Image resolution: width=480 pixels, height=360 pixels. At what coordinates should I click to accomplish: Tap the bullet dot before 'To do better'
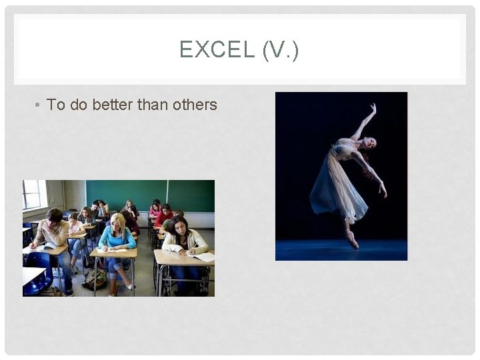[x=39, y=105]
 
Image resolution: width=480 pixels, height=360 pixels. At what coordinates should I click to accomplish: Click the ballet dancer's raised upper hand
[x=373, y=107]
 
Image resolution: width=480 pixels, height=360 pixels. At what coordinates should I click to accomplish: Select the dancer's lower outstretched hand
[x=383, y=191]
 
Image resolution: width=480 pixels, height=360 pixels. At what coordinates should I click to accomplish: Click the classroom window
[x=33, y=194]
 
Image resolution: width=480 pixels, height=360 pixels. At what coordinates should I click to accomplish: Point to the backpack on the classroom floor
[x=95, y=279]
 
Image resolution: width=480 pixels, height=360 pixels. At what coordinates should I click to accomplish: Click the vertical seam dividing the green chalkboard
[x=167, y=195]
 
